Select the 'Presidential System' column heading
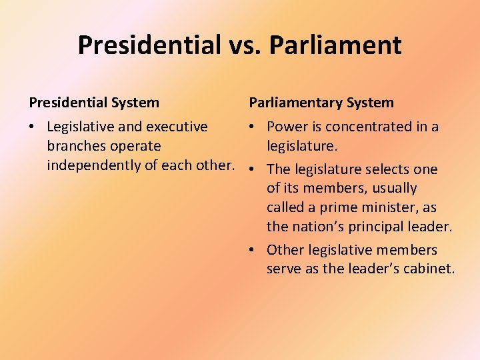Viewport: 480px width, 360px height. click(94, 103)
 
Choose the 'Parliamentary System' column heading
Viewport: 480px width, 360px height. click(321, 103)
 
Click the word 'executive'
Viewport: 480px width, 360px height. click(177, 127)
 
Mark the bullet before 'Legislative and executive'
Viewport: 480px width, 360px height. click(33, 127)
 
